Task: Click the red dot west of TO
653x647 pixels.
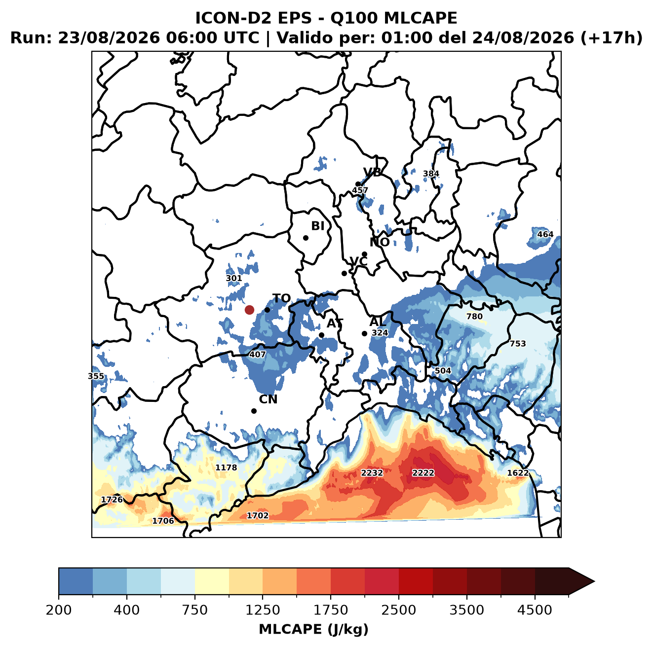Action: pos(249,310)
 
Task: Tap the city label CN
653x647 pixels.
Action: pos(268,399)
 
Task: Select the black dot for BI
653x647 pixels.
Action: pos(306,238)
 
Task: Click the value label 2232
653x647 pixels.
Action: pos(371,472)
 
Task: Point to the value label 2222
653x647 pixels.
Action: pos(423,472)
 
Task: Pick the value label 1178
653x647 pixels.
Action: pos(226,467)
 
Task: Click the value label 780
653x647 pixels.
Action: pos(474,316)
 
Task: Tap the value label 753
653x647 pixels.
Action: pos(517,344)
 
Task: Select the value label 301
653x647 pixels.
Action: pos(233,278)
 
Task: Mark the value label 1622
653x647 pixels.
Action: pos(517,472)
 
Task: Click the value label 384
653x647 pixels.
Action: pos(431,174)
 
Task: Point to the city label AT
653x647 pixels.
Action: pos(335,323)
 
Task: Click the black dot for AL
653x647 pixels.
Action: pos(364,333)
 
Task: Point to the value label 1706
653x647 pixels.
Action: pos(163,521)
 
